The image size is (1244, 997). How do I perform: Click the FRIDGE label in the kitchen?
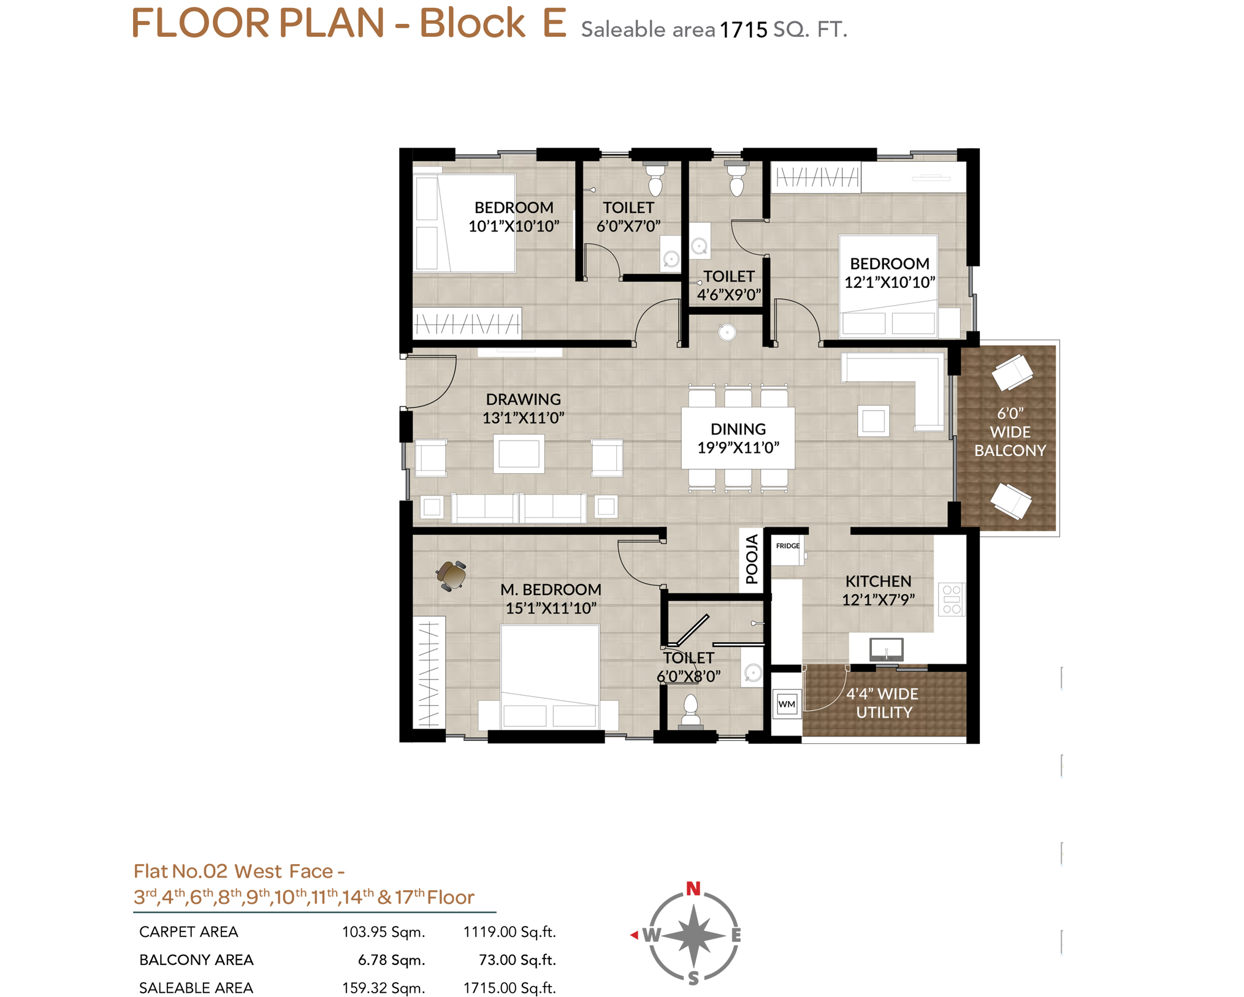coord(787,545)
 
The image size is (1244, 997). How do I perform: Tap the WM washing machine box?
coord(787,704)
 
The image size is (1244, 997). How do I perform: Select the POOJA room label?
coord(752,558)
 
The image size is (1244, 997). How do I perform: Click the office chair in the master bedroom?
coord(452,575)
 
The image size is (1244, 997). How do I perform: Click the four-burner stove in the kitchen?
coord(952,599)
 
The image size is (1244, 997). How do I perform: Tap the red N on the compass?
coord(693,888)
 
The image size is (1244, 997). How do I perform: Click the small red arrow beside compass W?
coord(635,934)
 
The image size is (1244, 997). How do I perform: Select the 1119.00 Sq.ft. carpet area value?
coord(509,931)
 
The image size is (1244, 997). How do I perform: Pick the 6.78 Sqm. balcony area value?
coord(391,960)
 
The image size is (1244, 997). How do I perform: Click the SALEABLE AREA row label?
coord(196,988)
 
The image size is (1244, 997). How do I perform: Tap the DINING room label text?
coord(738,429)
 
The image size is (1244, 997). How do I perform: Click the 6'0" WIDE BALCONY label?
coord(1010,432)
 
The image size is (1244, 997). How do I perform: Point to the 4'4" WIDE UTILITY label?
coord(883,703)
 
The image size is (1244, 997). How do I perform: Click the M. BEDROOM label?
coord(551,589)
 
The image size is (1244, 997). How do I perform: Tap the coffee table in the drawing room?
coord(519,453)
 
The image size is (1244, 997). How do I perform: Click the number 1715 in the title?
coord(743,29)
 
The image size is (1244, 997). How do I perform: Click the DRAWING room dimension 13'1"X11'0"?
coord(523,418)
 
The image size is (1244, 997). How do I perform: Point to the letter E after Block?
coord(554,23)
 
